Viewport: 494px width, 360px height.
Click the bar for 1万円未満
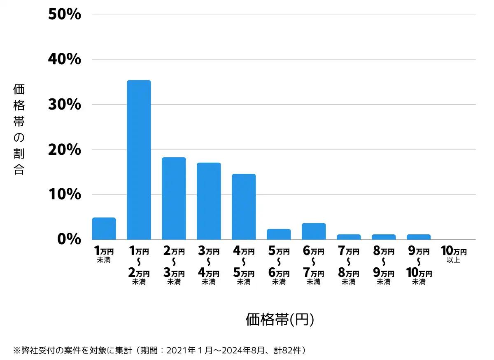point(104,229)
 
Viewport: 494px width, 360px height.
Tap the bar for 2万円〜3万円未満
point(174,199)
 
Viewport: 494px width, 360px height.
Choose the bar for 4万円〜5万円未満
point(244,207)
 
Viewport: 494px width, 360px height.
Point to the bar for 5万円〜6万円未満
point(279,234)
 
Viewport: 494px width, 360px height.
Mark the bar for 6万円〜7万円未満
point(314,231)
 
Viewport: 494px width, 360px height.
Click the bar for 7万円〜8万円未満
point(349,237)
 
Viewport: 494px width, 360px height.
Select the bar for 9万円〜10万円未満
point(419,237)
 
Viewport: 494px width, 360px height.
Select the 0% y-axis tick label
point(69,239)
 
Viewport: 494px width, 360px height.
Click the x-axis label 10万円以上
point(454,254)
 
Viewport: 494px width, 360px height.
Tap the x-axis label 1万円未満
point(104,254)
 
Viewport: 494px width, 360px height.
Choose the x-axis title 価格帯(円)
point(280,319)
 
